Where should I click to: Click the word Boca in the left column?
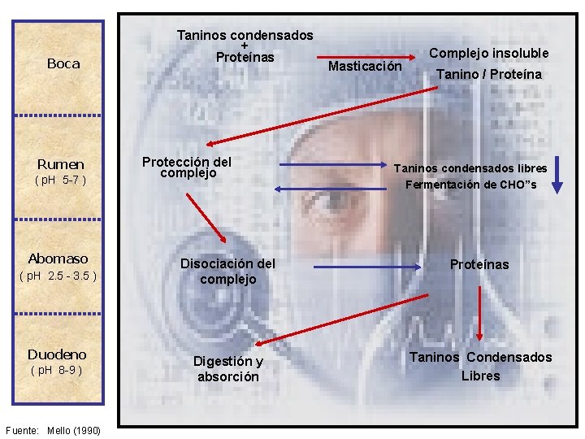[63, 63]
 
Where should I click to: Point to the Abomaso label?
[58, 259]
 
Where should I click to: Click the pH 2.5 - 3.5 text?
[57, 276]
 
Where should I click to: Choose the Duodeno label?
[57, 354]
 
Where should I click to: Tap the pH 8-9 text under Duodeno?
[56, 371]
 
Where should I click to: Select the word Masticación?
[364, 65]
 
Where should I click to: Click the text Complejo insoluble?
[488, 53]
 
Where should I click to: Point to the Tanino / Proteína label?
[488, 75]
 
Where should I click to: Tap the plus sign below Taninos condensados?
[244, 46]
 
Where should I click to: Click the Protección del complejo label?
[187, 167]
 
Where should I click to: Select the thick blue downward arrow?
[557, 174]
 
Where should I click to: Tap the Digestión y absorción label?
[227, 369]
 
